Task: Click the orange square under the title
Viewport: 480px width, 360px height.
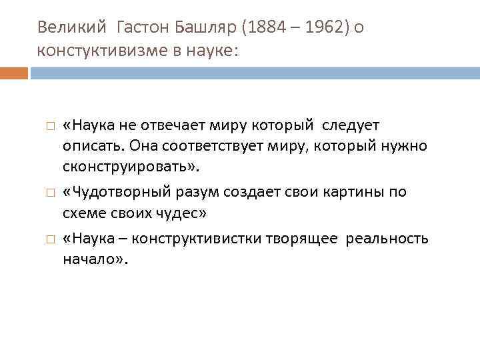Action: point(14,73)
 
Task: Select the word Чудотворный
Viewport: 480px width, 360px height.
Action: point(113,192)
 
